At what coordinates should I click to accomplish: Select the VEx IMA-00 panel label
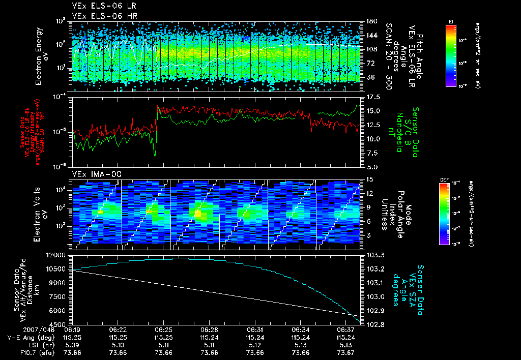(93, 174)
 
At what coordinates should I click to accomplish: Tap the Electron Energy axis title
(42, 51)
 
